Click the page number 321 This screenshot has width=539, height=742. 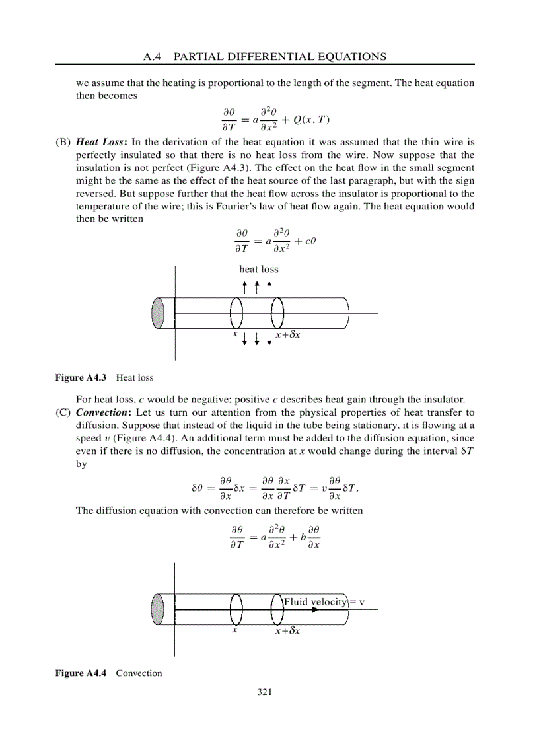[264, 692]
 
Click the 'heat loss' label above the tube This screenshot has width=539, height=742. [259, 269]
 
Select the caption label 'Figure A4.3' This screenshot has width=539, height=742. [81, 378]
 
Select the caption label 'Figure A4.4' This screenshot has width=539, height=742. [81, 673]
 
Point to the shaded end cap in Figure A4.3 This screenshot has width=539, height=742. [157, 313]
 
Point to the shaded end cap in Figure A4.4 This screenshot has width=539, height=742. [157, 609]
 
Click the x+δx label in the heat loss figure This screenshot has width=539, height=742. [289, 335]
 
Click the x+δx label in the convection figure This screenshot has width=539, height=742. [288, 631]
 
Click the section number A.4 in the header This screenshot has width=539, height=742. [152, 57]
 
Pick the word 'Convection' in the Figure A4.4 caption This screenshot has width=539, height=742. [139, 673]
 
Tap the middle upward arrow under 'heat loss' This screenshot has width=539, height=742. [257, 288]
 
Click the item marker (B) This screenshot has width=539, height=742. [63, 142]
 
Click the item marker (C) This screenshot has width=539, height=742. [63, 413]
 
